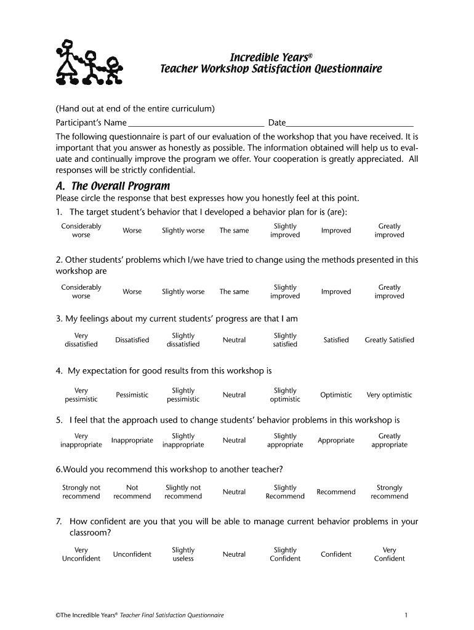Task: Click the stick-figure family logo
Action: (89, 62)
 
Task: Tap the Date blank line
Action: (350, 123)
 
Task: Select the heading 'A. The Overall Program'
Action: (113, 186)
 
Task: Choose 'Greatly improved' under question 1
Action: (389, 231)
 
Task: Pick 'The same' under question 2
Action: (234, 292)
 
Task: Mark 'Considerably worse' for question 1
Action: (81, 231)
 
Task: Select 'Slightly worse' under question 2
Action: (183, 292)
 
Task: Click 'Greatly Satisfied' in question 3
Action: (389, 340)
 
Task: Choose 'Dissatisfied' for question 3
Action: (132, 340)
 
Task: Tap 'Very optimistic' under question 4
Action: (389, 395)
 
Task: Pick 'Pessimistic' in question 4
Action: (132, 395)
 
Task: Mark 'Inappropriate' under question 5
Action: (132, 441)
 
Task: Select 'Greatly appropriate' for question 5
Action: (389, 441)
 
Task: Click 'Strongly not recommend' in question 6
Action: (81, 492)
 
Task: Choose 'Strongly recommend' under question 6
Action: (389, 492)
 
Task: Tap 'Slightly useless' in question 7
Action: (183, 554)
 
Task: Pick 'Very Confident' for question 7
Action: (389, 554)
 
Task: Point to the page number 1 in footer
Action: (406, 615)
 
